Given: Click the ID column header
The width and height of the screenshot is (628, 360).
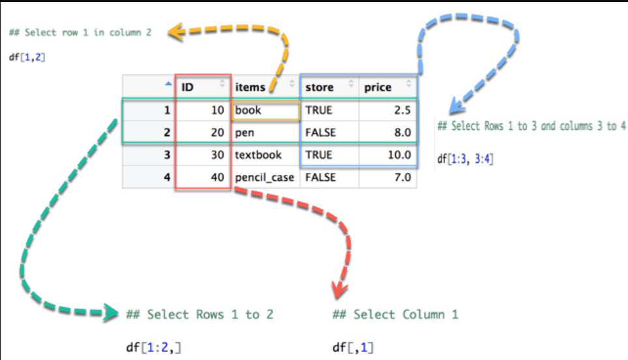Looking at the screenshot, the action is point(203,87).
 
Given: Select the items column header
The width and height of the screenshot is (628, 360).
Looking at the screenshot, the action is point(265,87).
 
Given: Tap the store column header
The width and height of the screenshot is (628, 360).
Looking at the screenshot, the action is point(329,87).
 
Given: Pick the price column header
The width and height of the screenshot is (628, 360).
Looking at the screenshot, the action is point(388,87).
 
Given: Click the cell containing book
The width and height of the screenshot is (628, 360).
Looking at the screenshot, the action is point(265,110).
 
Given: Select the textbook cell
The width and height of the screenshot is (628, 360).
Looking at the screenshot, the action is point(265,155).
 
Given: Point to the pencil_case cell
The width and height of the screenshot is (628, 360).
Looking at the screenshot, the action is point(265,177).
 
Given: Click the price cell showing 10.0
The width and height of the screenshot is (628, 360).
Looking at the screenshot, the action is point(388,155).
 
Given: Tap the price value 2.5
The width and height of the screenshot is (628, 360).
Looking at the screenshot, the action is point(388,110).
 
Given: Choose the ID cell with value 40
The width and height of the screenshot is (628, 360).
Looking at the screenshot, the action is point(203,177).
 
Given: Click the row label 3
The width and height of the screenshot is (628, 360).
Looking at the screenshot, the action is point(149,155).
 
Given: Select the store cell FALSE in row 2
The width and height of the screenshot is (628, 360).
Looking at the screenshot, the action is point(329,132).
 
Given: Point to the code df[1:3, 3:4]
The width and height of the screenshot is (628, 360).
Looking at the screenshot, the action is point(465,159).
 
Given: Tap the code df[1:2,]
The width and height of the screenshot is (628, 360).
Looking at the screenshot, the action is point(153,347).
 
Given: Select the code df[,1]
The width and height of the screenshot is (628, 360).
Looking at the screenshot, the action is point(353,347).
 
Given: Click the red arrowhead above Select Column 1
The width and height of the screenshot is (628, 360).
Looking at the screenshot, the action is point(340,290).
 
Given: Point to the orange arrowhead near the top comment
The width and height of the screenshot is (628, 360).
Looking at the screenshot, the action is point(176,32).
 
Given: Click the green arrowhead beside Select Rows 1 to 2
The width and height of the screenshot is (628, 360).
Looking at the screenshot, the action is point(111,313).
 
